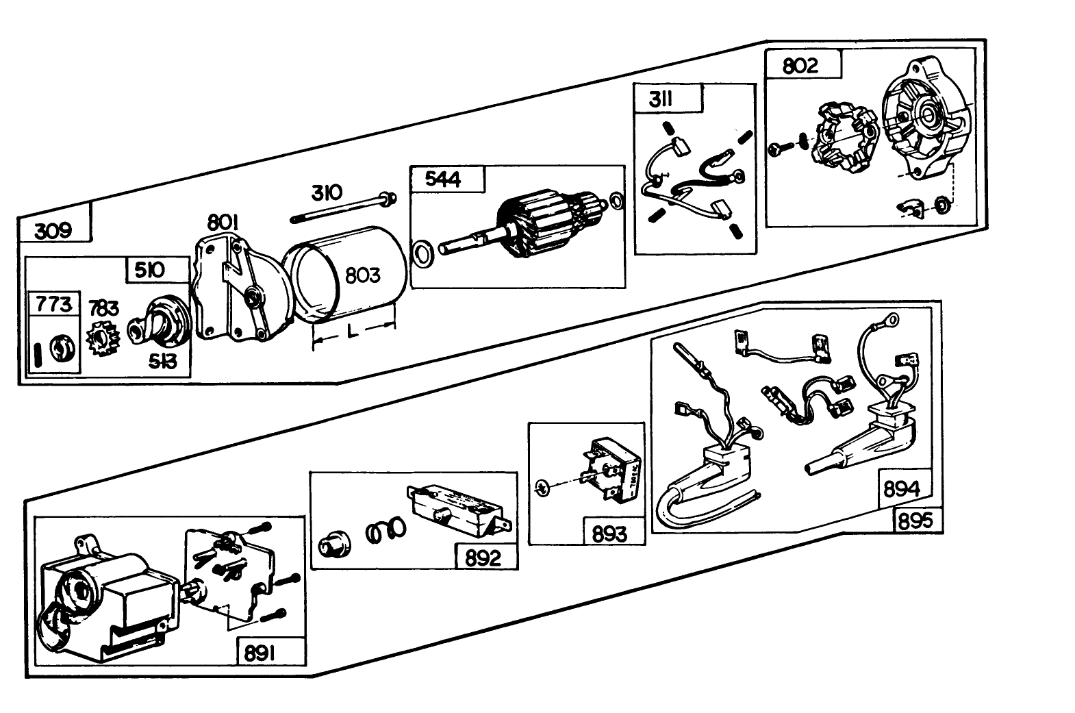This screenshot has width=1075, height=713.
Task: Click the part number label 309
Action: [53, 230]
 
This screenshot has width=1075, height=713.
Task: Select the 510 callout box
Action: [150, 270]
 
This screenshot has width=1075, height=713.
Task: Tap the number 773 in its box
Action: [54, 303]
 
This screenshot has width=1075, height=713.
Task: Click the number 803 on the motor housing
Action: [362, 275]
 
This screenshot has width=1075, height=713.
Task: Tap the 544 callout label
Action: [443, 179]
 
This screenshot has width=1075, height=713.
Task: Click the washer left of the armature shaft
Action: [422, 253]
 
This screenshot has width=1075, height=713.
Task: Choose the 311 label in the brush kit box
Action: [661, 100]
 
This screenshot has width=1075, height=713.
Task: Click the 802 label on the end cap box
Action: [800, 66]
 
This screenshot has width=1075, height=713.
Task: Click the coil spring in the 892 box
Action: [385, 530]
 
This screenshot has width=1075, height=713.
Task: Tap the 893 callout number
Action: [609, 533]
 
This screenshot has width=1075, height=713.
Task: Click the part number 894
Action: [902, 489]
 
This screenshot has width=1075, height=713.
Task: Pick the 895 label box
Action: [916, 521]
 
